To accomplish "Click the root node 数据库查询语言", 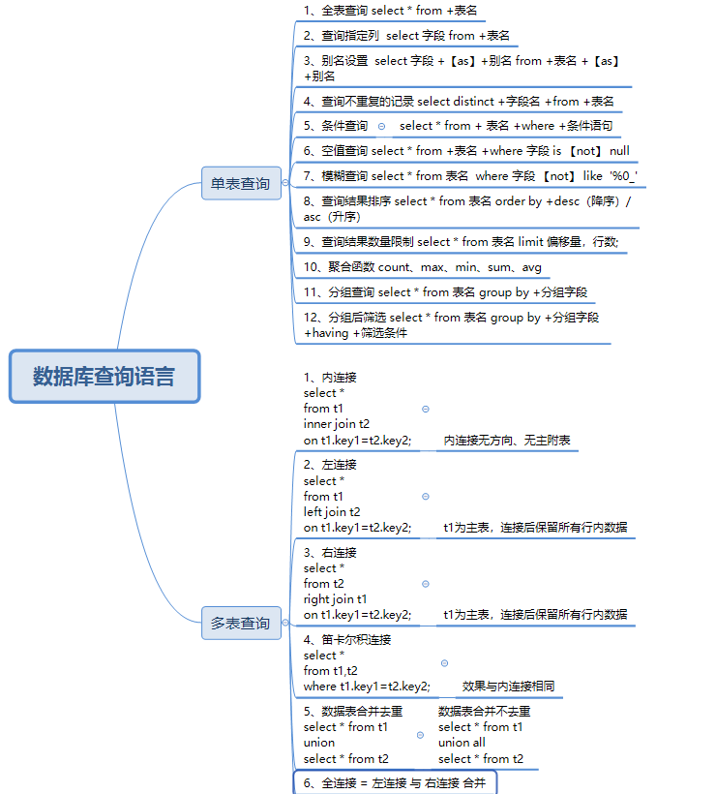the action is pos(104,377).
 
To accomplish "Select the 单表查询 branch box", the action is pos(241,183).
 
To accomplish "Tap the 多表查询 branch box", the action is pos(241,623).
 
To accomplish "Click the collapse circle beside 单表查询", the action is pos(285,183).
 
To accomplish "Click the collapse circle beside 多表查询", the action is pos(285,623).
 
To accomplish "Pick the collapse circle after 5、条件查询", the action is pos(381,127).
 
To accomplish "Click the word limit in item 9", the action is pos(530,241).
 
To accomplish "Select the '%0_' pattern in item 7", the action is pos(623,176).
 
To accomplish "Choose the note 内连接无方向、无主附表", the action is pos(507,440).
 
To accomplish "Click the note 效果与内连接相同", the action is pos(508,687).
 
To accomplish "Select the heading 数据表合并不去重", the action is pos(484,712).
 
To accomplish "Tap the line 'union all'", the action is pos(462,743).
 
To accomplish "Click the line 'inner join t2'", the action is pos(337,424).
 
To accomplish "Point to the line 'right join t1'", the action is pos(335,599).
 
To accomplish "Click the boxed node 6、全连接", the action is pos(395,782).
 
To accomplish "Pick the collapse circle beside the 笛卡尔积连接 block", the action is pos(444,663).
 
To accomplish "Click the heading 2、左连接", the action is pos(330,465).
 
